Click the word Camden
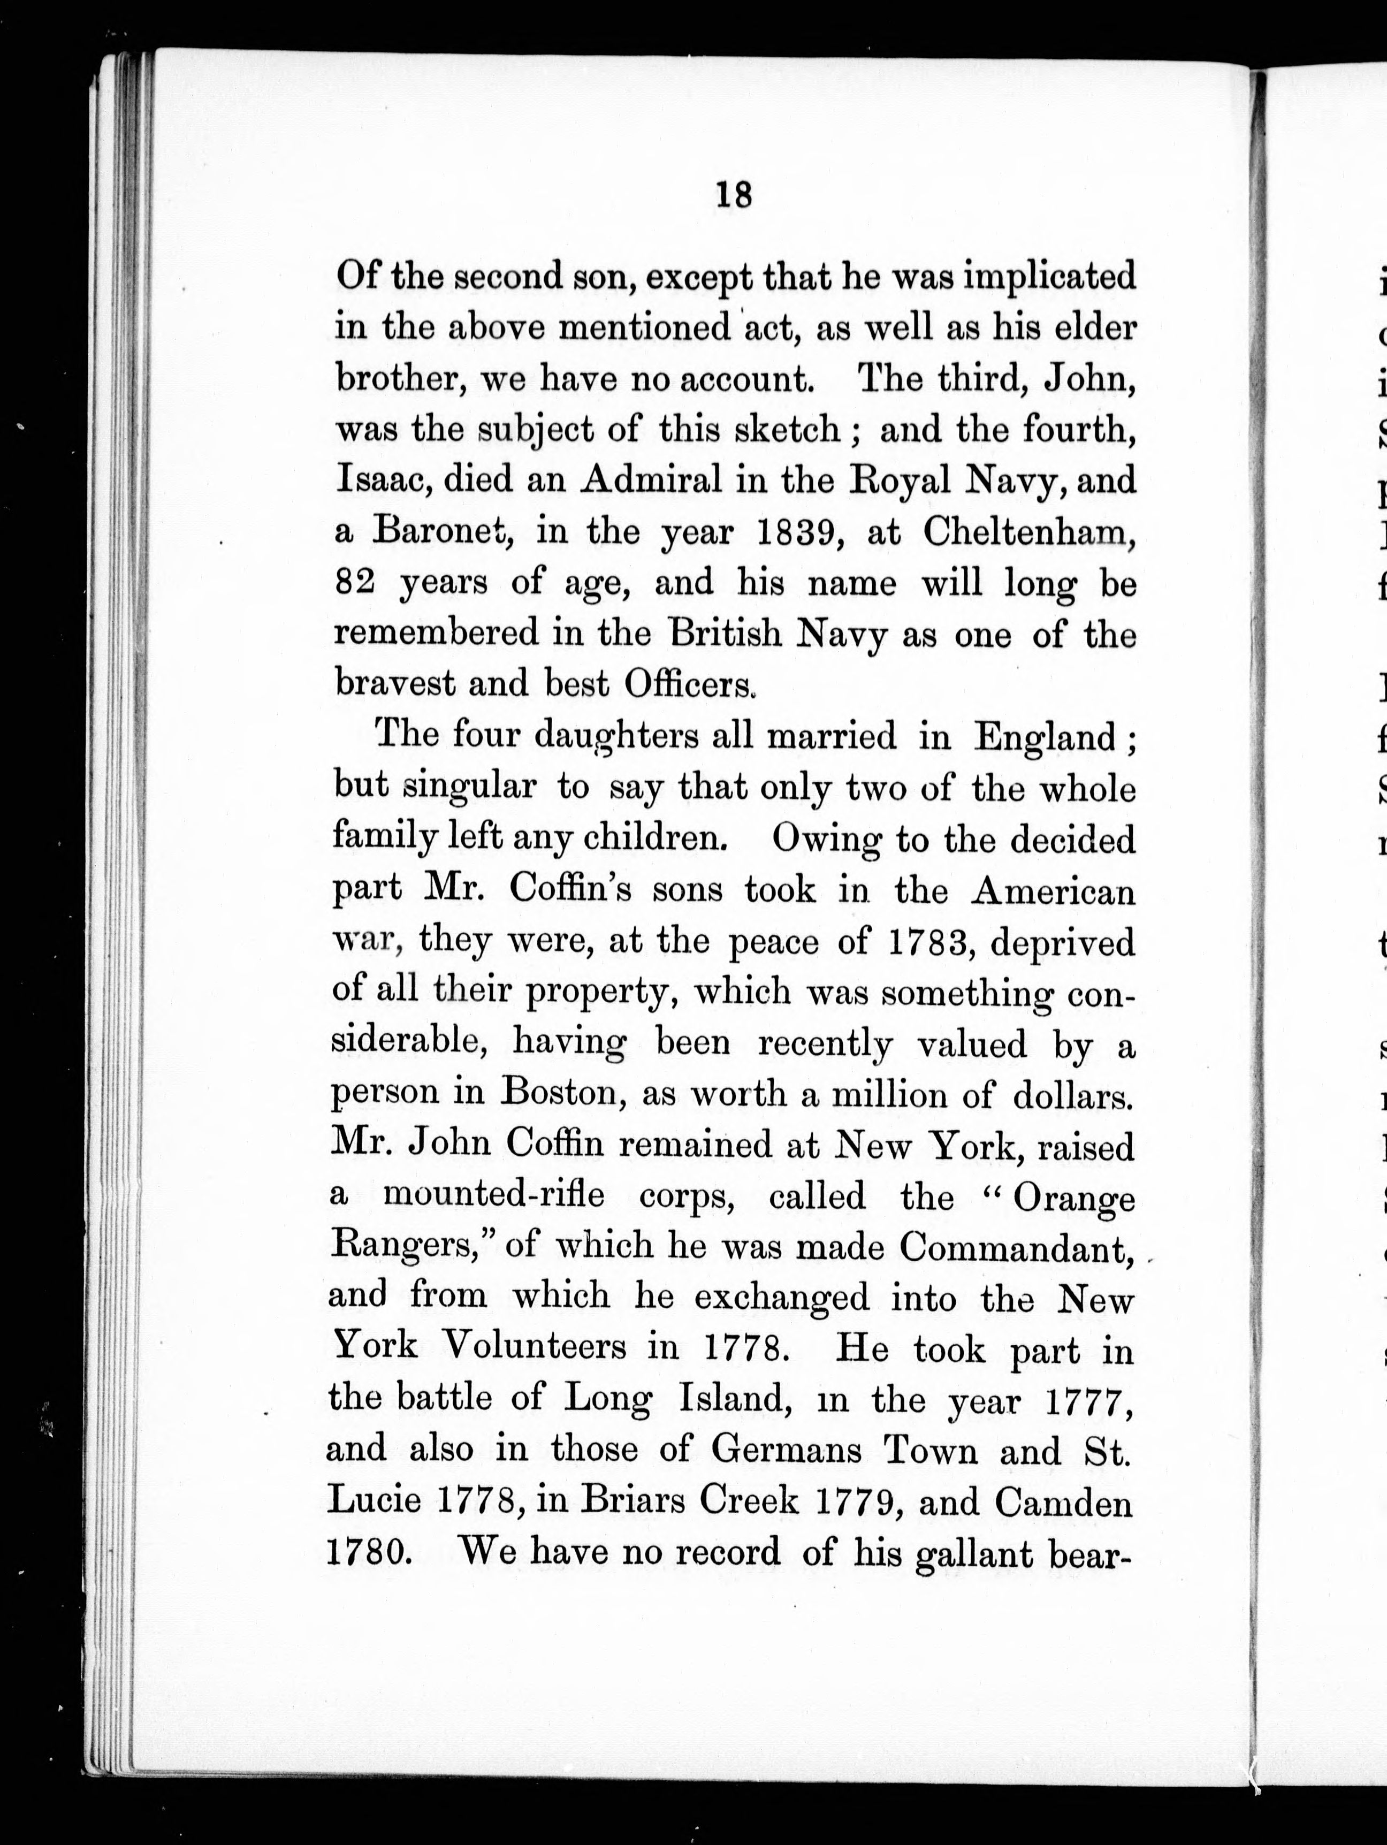(x=1063, y=1503)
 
